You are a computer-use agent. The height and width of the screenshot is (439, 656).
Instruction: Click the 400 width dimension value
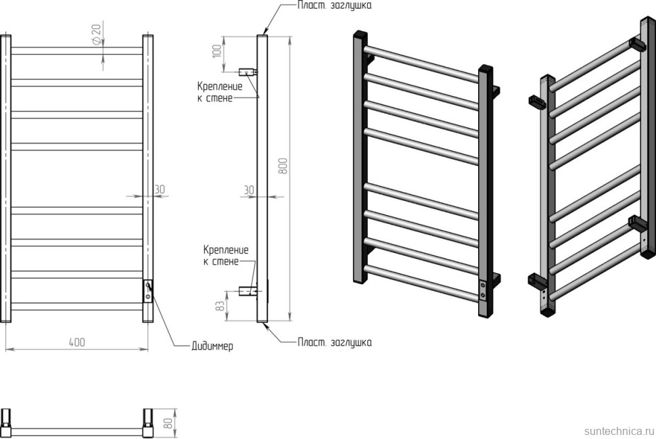[76, 342]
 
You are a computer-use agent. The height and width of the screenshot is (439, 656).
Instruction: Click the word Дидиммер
[212, 346]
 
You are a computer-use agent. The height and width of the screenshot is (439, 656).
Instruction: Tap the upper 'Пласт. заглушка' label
[334, 5]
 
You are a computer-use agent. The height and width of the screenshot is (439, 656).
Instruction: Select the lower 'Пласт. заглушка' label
[334, 342]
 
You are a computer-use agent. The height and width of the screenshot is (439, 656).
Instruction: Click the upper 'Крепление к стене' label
[216, 92]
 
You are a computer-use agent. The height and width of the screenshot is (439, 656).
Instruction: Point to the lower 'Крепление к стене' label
[225, 256]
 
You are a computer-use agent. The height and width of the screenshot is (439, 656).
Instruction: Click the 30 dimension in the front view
[160, 189]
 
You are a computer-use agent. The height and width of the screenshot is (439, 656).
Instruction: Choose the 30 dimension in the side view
[249, 190]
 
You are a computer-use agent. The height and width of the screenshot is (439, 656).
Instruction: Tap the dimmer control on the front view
[147, 291]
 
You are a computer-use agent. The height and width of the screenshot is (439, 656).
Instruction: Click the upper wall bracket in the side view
[248, 70]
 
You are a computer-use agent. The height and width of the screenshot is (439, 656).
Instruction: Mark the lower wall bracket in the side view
[248, 292]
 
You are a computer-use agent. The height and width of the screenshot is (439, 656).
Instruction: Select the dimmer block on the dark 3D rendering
[483, 291]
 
